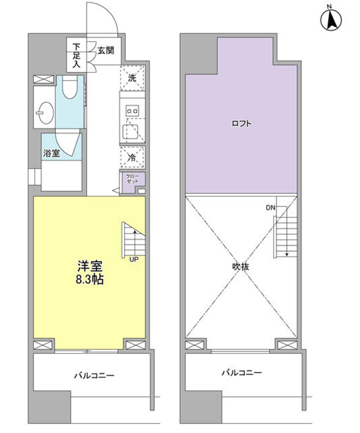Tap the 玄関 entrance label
tap(106, 50)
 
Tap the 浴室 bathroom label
tap(51, 153)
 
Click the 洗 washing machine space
tap(132, 78)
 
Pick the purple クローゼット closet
tap(132, 180)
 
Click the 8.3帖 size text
tap(90, 280)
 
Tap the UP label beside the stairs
tap(134, 259)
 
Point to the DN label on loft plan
tap(270, 208)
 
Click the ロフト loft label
tap(241, 124)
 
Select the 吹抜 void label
tap(241, 267)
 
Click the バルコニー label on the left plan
tap(94, 375)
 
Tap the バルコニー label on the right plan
tap(242, 373)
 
